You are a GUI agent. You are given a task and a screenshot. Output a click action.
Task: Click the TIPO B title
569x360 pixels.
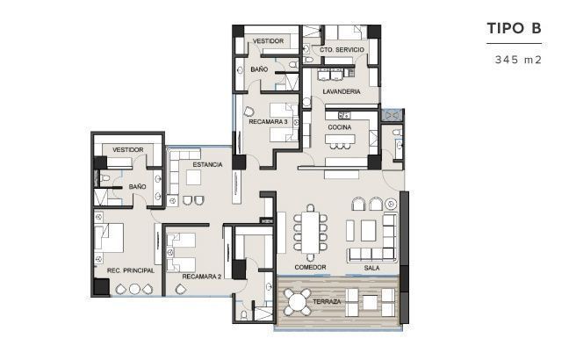click(x=514, y=28)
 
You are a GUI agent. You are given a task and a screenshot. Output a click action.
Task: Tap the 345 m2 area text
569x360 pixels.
click(x=518, y=60)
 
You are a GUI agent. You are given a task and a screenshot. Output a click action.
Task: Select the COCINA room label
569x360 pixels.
click(x=339, y=127)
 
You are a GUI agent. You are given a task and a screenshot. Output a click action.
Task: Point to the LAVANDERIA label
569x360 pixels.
click(x=341, y=92)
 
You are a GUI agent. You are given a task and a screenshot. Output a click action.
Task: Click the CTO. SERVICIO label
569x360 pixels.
click(x=342, y=50)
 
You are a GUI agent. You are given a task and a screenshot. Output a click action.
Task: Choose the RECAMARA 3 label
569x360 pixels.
click(x=268, y=122)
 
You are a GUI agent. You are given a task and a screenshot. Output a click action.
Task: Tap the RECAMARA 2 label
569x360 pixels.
click(x=201, y=277)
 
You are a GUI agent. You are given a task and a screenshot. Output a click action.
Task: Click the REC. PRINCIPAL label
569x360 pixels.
click(x=131, y=270)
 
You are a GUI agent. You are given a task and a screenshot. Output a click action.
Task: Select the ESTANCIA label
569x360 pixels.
click(x=207, y=165)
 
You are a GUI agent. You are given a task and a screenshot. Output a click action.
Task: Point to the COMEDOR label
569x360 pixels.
click(x=310, y=268)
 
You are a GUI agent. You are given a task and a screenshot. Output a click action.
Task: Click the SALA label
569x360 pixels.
click(x=371, y=268)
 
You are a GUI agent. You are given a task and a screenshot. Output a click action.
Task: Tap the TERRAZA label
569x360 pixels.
click(x=327, y=302)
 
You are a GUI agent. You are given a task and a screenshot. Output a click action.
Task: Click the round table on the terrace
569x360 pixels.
click(x=297, y=302)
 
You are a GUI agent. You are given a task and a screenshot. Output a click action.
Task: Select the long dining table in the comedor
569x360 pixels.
click(x=310, y=233)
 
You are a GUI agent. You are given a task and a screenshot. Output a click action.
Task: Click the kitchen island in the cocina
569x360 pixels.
click(x=340, y=139)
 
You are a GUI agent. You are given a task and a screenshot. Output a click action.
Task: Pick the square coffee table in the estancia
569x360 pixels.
click(x=194, y=177)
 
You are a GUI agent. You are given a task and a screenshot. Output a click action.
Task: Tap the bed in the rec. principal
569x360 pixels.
click(x=109, y=238)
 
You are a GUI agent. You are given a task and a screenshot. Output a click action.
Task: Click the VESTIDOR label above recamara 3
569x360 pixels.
click(x=268, y=41)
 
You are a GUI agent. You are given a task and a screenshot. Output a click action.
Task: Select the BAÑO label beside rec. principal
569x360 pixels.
click(x=138, y=186)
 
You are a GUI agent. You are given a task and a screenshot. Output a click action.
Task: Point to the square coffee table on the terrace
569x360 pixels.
click(x=370, y=302)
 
